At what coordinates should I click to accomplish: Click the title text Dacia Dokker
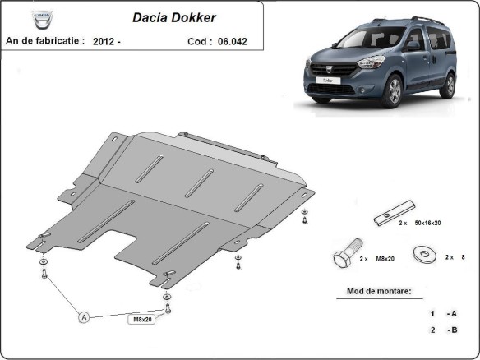point(169,16)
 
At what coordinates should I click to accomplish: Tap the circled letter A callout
point(84,316)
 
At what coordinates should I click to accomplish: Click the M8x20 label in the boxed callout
point(141,319)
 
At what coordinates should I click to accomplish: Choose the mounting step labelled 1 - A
point(445,314)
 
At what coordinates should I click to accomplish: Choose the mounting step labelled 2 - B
point(445,330)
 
